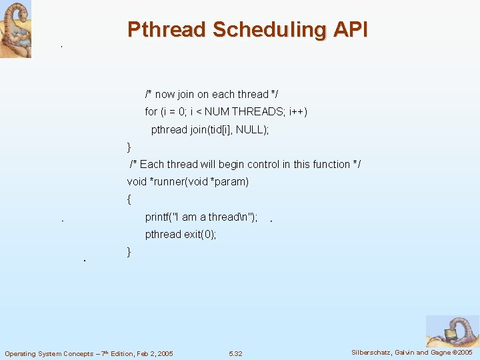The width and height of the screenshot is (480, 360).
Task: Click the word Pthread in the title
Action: coord(167,30)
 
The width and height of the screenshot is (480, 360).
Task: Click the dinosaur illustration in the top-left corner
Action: coord(15,29)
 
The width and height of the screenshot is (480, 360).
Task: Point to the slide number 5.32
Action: coord(235,353)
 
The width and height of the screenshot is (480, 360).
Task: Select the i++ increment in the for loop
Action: coord(298,112)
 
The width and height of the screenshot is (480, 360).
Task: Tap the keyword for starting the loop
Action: coord(151,112)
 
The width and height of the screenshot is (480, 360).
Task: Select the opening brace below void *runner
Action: coord(129,199)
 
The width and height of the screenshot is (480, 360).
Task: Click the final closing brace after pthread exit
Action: coord(129,251)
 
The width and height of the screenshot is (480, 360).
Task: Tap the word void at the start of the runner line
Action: coord(137,181)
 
